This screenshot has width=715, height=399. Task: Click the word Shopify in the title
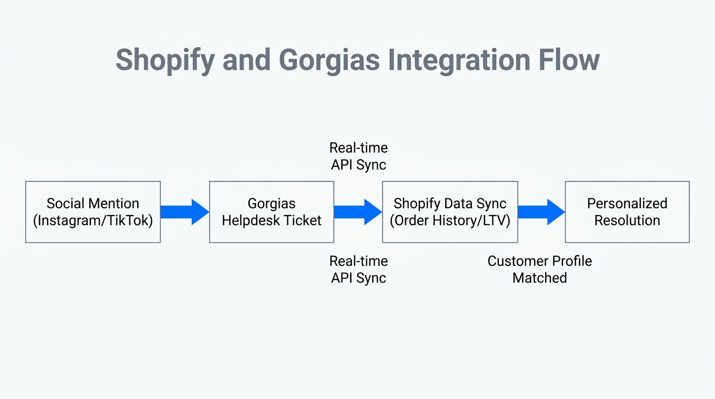(x=165, y=60)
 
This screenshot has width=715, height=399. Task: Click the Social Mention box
(x=93, y=211)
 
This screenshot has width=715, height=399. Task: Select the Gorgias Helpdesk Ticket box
(x=271, y=211)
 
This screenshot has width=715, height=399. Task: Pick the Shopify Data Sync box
(x=450, y=211)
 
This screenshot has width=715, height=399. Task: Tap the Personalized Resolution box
(x=627, y=211)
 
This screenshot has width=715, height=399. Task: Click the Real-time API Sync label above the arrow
(x=359, y=156)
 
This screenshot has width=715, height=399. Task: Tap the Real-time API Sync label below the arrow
(x=359, y=269)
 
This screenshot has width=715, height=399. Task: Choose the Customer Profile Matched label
(x=539, y=269)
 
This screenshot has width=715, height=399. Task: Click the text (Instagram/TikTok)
(x=93, y=221)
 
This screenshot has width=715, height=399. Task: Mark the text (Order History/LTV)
(x=450, y=221)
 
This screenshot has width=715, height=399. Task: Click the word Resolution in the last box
(x=627, y=221)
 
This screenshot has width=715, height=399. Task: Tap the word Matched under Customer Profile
(x=539, y=278)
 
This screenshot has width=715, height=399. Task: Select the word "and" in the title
(x=247, y=60)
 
